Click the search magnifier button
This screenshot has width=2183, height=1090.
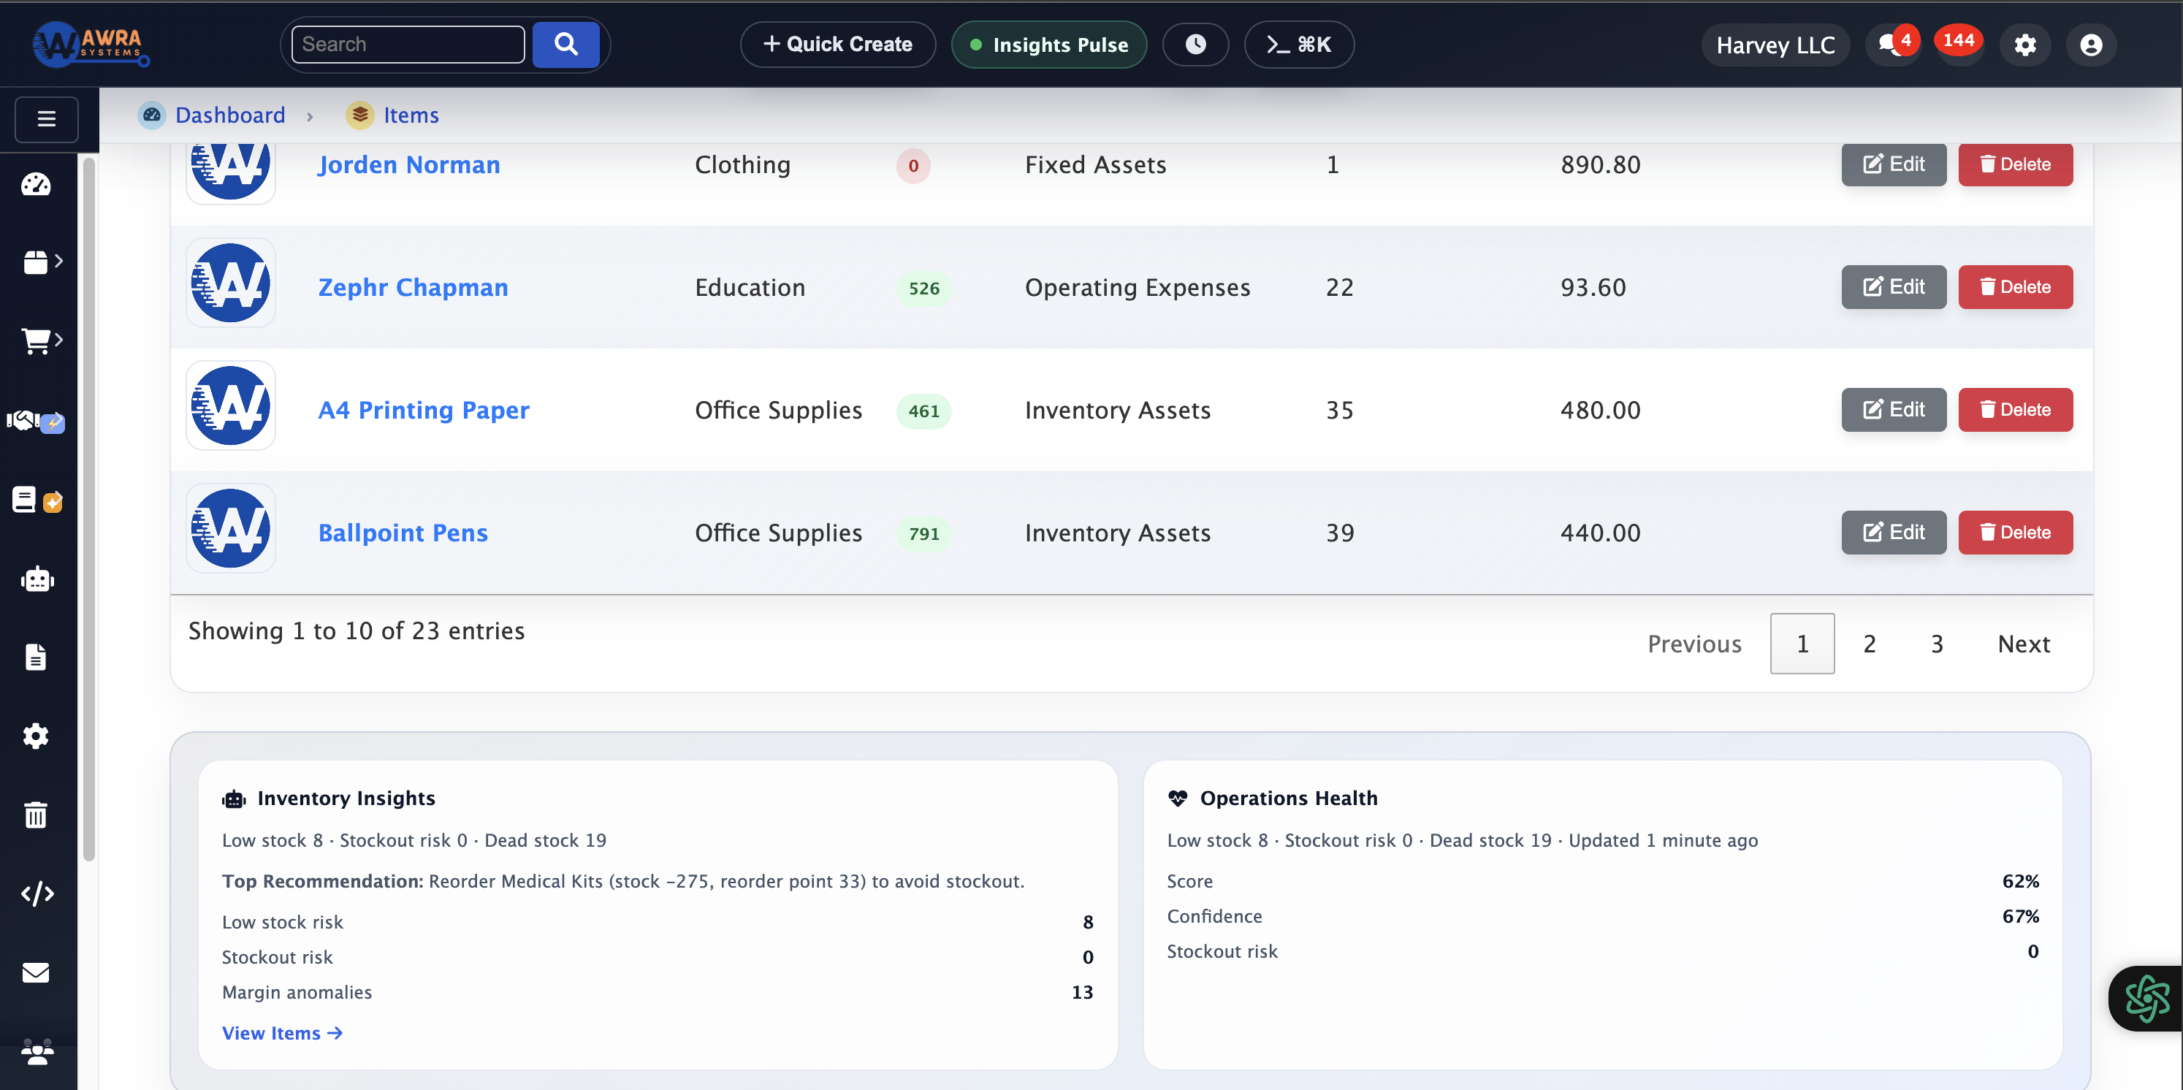(x=565, y=44)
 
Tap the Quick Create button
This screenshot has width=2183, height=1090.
(x=837, y=44)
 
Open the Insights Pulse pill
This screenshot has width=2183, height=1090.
(x=1049, y=45)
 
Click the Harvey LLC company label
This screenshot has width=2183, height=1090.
(x=1775, y=45)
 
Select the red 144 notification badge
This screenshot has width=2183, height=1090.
(x=1959, y=41)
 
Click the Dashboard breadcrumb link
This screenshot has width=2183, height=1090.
(x=229, y=115)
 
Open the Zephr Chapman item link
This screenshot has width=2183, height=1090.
(x=413, y=287)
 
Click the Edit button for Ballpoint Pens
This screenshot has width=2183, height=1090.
(x=1893, y=533)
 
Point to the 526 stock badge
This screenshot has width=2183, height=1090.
(x=923, y=288)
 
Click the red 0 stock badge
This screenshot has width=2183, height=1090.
(x=913, y=166)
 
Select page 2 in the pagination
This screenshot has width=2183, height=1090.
(x=1870, y=644)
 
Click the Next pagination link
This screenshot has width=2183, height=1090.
(x=2024, y=644)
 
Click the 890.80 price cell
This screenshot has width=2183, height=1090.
(x=1600, y=164)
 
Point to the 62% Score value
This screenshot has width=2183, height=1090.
(x=2020, y=882)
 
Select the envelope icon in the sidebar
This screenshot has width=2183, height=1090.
(x=36, y=973)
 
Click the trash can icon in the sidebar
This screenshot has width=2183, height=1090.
(x=36, y=815)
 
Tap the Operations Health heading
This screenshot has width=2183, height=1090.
(x=1288, y=799)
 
